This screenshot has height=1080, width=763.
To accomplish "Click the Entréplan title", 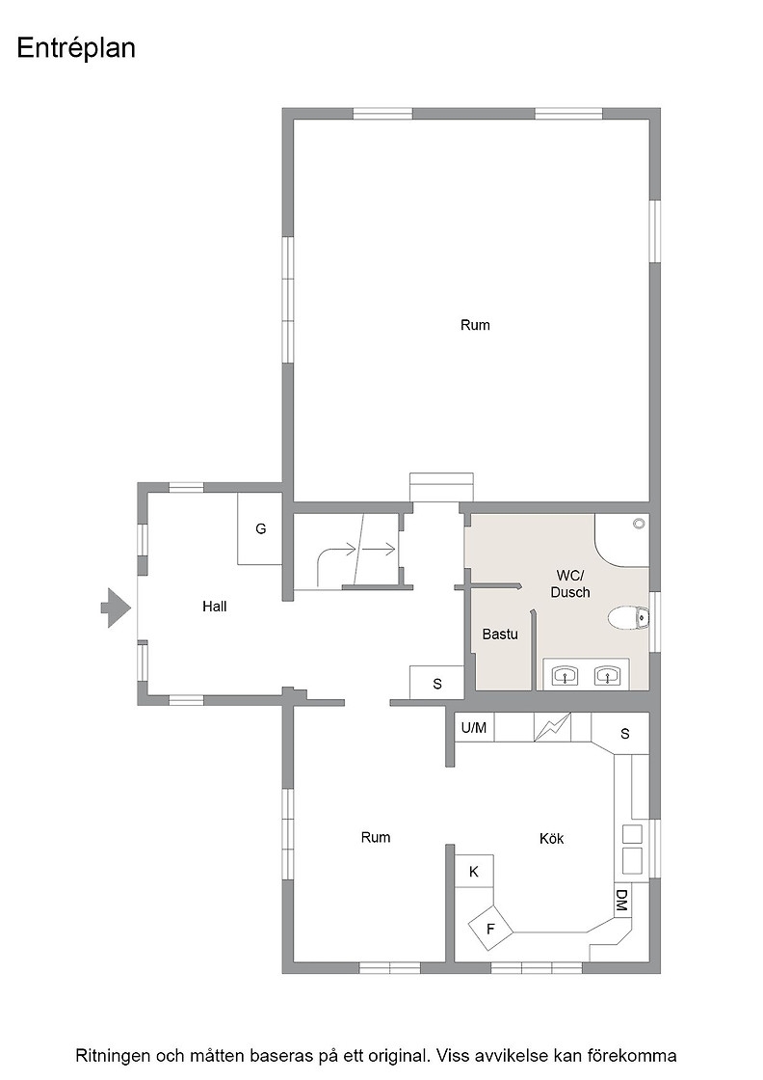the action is click(x=76, y=49).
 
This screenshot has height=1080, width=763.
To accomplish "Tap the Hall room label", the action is click(x=214, y=607).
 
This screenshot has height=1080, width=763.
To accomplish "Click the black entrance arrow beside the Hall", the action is click(x=116, y=607).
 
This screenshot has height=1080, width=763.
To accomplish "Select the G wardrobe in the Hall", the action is click(x=259, y=529).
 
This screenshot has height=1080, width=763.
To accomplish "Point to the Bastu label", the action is click(x=499, y=634).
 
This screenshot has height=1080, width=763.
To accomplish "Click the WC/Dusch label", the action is click(x=570, y=584).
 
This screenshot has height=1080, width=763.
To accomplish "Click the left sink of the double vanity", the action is click(x=566, y=676).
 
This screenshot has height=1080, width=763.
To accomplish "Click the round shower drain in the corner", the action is click(x=639, y=525).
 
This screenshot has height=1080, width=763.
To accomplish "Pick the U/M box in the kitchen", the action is click(x=474, y=727).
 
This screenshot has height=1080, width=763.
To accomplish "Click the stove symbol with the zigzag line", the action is click(x=553, y=727).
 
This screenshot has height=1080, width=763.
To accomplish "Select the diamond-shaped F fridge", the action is click(x=490, y=929).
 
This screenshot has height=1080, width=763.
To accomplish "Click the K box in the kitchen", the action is click(x=474, y=872).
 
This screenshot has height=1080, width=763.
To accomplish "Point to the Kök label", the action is click(x=552, y=838).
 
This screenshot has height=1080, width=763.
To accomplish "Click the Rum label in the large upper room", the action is click(x=475, y=325).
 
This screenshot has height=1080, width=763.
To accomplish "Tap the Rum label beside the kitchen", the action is click(x=376, y=838).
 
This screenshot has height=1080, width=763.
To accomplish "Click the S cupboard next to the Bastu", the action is click(x=436, y=684).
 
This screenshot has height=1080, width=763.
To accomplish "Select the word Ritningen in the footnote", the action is click(x=112, y=1056).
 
